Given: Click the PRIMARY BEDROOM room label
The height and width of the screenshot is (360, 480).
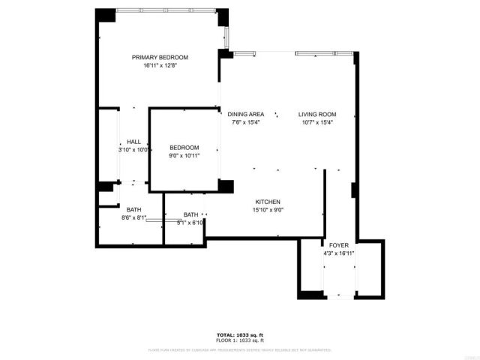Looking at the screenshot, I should click(x=160, y=58).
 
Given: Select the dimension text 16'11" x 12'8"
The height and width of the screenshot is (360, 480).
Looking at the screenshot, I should click(x=160, y=66).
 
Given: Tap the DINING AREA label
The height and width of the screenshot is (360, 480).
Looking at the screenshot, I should click(x=247, y=115).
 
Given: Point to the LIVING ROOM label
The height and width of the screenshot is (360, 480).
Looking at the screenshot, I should click(x=317, y=115).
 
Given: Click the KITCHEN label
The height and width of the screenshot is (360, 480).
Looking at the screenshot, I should click(x=268, y=202).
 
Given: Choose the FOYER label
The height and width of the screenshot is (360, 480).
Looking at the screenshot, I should click(x=339, y=245).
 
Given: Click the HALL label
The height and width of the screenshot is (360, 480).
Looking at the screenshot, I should click(x=133, y=142).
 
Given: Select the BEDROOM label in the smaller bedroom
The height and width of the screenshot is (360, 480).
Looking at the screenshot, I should click(x=184, y=148).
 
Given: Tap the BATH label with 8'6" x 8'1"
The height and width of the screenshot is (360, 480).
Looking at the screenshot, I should click(x=133, y=210).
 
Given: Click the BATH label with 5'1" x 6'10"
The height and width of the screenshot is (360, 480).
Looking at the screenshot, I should click(x=191, y=214).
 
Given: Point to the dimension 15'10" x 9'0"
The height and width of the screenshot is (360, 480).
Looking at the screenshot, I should click(x=268, y=211).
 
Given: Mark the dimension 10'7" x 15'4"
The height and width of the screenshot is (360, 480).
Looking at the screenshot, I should click(x=317, y=123).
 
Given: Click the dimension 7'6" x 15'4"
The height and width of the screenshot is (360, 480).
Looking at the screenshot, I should click(x=247, y=123).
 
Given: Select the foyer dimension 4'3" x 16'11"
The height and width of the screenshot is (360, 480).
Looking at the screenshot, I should click(x=339, y=253).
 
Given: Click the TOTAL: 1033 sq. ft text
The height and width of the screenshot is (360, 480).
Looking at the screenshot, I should click(x=239, y=334).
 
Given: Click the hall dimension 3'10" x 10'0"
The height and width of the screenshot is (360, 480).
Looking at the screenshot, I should click(x=133, y=150).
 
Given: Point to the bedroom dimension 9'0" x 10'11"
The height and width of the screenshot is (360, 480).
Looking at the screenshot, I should click(x=184, y=156).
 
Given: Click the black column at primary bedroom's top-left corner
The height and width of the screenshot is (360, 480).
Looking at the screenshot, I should click(x=105, y=15).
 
